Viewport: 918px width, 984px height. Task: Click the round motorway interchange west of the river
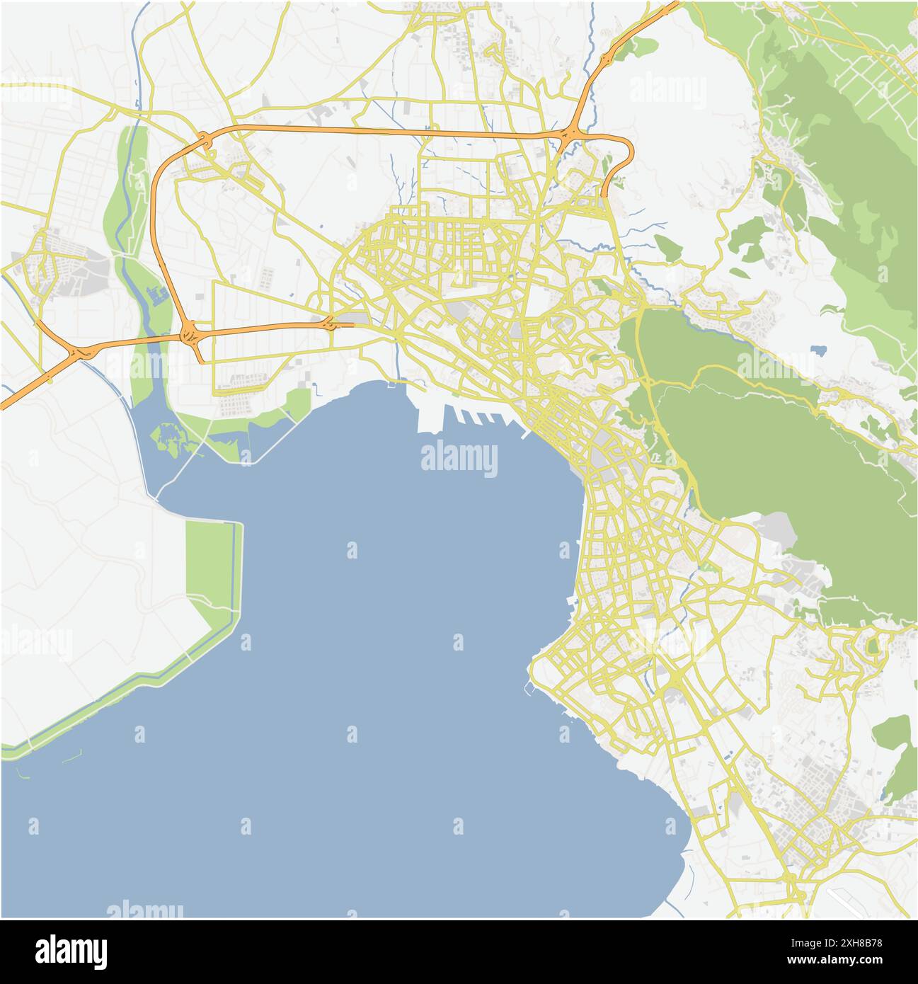tap(190, 333)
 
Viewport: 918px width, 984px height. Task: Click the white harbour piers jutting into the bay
tap(460, 421)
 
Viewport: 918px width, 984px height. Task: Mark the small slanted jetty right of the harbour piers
tap(525, 434)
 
